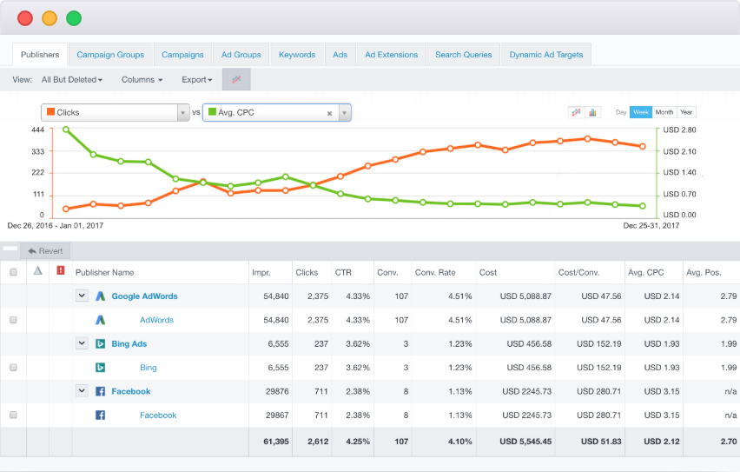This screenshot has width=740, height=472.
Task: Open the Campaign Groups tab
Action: [x=110, y=55]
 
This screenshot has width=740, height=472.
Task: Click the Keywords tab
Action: [x=297, y=55]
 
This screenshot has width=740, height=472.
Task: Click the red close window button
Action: [x=25, y=18]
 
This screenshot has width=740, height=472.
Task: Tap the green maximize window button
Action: [x=74, y=18]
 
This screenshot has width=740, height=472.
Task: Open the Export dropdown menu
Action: [x=197, y=80]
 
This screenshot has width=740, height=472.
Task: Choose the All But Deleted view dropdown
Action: [x=72, y=80]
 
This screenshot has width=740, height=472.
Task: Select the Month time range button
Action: [x=664, y=112]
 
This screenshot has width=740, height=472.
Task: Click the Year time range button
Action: [x=686, y=112]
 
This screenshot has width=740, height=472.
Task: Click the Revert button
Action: [x=45, y=250]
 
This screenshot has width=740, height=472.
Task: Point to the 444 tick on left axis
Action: [x=37, y=130]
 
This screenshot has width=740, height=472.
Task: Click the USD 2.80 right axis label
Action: [x=680, y=130]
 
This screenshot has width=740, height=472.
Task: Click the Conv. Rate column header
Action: [x=435, y=273]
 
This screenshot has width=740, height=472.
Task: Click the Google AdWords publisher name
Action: [x=144, y=296]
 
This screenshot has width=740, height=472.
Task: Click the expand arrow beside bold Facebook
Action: [x=82, y=391]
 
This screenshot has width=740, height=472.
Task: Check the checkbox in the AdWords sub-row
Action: [x=13, y=320]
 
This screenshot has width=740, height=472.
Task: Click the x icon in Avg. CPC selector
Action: [x=330, y=113]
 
